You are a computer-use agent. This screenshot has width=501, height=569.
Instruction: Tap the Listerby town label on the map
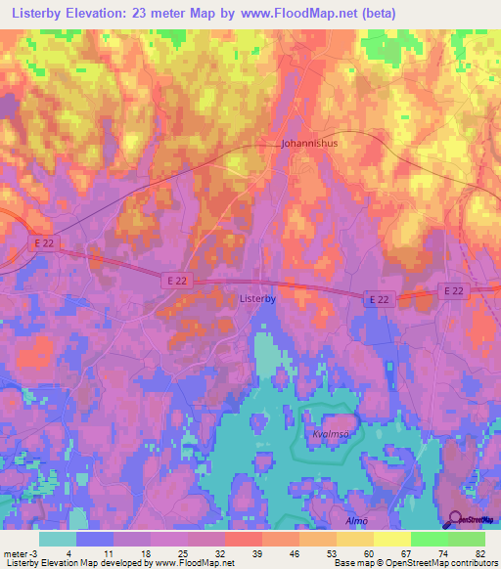pos(258,301)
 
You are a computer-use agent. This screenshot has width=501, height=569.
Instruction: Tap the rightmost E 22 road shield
pos(452,290)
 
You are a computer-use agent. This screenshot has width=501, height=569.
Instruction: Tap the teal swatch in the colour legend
pos(58,539)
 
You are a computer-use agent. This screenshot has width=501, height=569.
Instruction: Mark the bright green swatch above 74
pos(430,539)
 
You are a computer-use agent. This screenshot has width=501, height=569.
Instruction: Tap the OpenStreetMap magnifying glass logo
pos(453,521)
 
